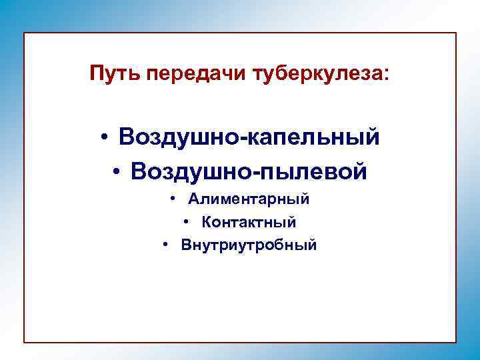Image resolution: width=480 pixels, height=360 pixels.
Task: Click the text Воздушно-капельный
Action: (249, 137)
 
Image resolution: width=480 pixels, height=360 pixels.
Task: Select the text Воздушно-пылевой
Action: (249, 172)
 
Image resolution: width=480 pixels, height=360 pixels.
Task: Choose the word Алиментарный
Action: (249, 199)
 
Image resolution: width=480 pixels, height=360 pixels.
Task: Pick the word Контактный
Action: (249, 222)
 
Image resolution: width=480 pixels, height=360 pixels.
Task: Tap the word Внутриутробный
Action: (249, 245)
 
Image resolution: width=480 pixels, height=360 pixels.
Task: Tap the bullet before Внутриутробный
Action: (165, 245)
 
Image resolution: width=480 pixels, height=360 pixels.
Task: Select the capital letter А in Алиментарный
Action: (193, 199)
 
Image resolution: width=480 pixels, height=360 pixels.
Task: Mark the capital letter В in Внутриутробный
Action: (185, 245)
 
